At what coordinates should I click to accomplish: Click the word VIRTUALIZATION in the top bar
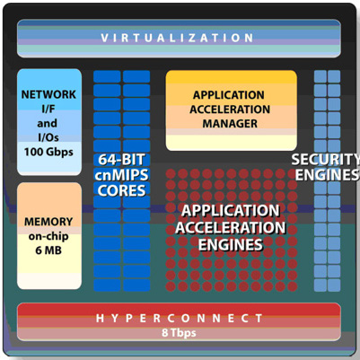[x=178, y=38]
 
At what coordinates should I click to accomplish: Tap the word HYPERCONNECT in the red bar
[x=180, y=318]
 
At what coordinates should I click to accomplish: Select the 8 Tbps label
[x=179, y=332]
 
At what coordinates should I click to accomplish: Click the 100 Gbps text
[x=48, y=152]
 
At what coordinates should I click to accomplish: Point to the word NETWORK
[x=48, y=94]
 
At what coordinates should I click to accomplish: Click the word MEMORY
[x=48, y=222]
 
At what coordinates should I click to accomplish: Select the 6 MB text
[x=48, y=250]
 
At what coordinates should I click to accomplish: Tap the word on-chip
[x=48, y=236]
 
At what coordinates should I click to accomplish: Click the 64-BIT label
[x=121, y=160]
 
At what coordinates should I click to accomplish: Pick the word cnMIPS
[x=121, y=175]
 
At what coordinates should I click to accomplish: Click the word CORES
[x=121, y=190]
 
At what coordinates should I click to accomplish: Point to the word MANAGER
[x=230, y=123]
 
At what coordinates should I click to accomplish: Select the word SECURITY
[x=326, y=160]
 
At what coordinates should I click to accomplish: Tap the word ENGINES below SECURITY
[x=328, y=175]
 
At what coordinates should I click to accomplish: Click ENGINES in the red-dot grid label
[x=231, y=245]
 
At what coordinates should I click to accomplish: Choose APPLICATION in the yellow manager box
[x=229, y=95]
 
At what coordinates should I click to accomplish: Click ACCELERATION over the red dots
[x=231, y=228]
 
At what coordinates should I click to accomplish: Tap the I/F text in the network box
[x=48, y=109]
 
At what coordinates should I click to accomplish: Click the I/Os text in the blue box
[x=48, y=137]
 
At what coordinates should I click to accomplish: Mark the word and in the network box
[x=47, y=123]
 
